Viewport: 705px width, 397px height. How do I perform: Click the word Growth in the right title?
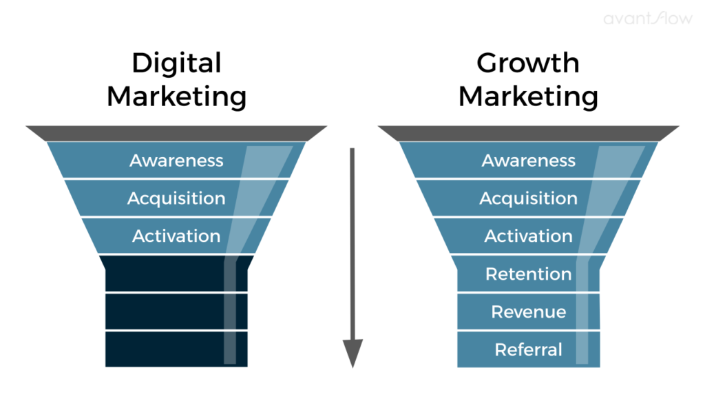(528, 63)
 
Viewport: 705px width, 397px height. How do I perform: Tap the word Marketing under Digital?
(177, 97)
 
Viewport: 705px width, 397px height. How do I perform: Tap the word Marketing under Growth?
(528, 97)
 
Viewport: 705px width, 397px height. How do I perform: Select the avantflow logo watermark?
(648, 18)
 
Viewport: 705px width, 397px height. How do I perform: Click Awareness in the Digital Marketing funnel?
(176, 161)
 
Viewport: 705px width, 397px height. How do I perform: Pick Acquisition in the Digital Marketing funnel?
(176, 199)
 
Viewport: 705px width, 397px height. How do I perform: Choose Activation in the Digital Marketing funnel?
(176, 236)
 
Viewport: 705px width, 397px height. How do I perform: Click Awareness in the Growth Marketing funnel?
(528, 161)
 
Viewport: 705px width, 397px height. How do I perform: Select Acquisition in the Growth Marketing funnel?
(528, 199)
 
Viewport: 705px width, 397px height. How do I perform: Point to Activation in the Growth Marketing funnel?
(528, 236)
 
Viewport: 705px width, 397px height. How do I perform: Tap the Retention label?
(528, 274)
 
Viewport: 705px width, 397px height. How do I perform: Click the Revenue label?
(528, 312)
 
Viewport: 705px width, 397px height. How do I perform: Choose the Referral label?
(528, 349)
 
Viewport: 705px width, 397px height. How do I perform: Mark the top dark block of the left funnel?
(176, 274)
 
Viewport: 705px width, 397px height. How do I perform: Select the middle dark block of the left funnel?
(176, 312)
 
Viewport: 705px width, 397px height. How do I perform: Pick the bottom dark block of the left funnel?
(176, 349)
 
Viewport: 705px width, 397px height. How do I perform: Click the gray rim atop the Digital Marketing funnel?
(176, 133)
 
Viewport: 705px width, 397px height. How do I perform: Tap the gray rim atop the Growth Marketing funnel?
(528, 133)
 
